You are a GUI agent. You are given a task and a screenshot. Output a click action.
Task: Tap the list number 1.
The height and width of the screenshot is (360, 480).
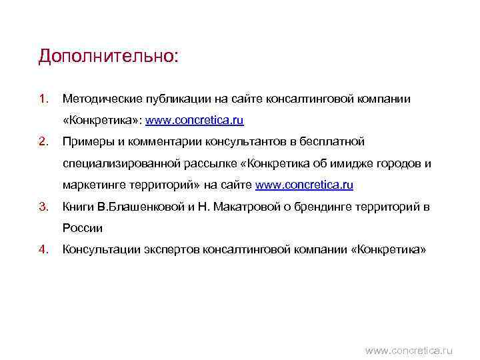[x=43, y=99]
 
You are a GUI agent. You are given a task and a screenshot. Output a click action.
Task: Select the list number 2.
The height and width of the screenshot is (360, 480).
[x=43, y=142]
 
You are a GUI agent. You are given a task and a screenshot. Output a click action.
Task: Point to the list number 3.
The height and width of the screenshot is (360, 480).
[x=43, y=207]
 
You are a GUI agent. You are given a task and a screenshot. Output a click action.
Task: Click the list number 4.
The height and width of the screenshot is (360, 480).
[x=43, y=250]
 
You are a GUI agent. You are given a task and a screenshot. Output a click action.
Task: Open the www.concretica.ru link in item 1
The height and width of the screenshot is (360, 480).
[x=195, y=121]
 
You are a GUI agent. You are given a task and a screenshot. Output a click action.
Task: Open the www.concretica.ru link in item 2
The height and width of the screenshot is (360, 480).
[x=305, y=185]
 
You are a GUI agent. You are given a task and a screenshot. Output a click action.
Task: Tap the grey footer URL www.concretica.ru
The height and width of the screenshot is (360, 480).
[x=409, y=349]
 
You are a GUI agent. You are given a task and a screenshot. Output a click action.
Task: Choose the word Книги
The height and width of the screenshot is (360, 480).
[x=77, y=207]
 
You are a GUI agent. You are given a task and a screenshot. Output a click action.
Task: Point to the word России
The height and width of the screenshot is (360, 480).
[x=83, y=229]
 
